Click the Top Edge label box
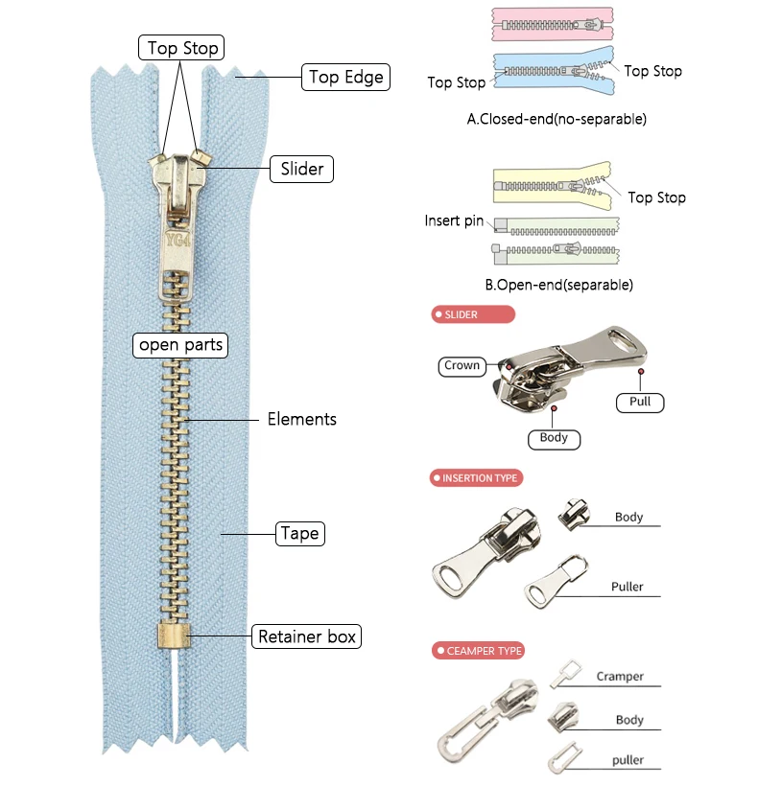pos(345,77)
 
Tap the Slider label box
pos(301,170)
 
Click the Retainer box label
pos(307,636)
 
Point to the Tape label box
pos(298,533)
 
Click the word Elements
pos(301,419)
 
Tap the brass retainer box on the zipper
pos(172,636)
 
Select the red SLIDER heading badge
pos(473,314)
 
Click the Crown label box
pos(462,365)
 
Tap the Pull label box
pos(640,402)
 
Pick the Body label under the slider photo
pos(554,438)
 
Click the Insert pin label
pos(455,221)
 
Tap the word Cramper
pos(620,676)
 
